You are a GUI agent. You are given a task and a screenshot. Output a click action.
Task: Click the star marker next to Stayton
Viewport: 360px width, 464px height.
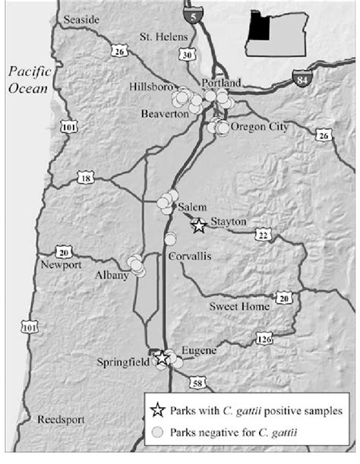(x=198, y=225)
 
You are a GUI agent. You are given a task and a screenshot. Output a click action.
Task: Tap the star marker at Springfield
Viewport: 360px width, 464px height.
(x=161, y=358)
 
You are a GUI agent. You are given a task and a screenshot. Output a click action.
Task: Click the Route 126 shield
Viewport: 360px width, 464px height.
(x=264, y=339)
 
